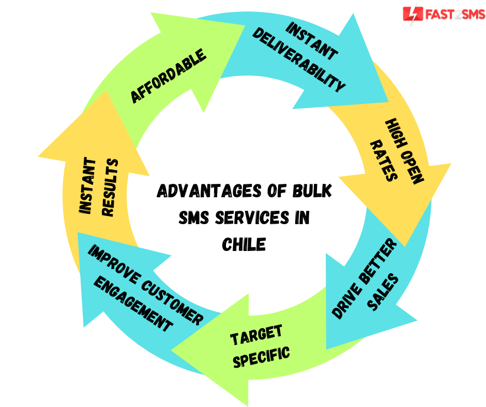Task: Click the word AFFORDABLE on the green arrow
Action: [x=168, y=76]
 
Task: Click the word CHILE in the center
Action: [x=244, y=244]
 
